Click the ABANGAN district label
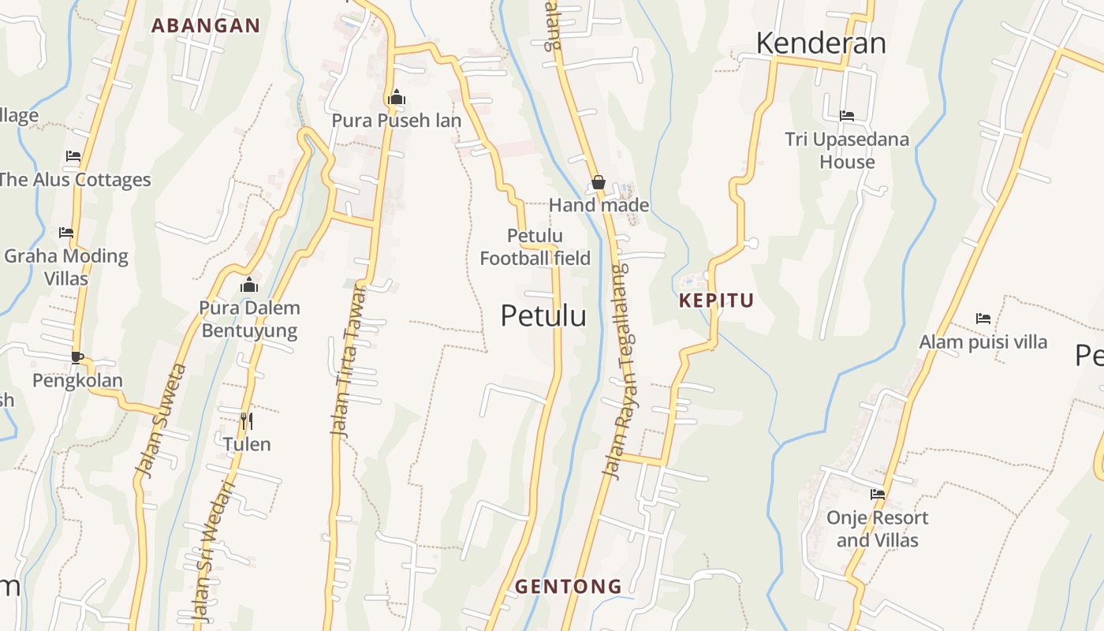click(206, 25)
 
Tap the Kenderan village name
click(821, 43)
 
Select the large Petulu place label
click(543, 315)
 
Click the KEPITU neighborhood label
click(716, 301)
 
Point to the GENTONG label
click(569, 587)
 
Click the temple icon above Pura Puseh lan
click(396, 98)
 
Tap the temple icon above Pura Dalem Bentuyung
click(249, 285)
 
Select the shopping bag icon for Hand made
click(599, 183)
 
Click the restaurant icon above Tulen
click(246, 421)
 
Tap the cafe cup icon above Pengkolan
click(77, 357)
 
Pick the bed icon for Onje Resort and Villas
click(878, 495)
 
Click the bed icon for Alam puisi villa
click(983, 319)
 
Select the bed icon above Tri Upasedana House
click(847, 116)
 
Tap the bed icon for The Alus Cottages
click(73, 156)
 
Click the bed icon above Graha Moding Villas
click(66, 233)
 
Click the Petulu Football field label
click(535, 247)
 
